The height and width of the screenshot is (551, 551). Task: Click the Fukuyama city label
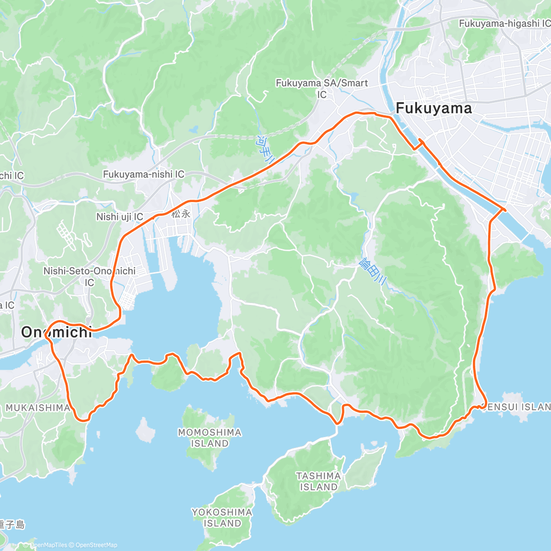pos(433,108)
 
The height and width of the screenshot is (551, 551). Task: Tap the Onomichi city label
pos(56,332)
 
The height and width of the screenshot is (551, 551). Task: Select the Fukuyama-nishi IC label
pos(143,174)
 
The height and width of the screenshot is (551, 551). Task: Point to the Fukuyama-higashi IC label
pos(504,23)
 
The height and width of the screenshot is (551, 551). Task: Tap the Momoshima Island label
pos(209,438)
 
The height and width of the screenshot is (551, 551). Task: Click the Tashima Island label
pos(318,481)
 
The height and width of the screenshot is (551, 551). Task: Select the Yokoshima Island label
pos(222,517)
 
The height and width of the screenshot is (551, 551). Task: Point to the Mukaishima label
pos(38,408)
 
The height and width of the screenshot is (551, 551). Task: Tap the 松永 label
pos(181,214)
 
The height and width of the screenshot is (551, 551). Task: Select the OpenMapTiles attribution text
pos(48,545)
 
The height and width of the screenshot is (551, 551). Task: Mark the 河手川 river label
pos(265,150)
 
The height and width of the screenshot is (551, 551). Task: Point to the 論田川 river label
pos(371,271)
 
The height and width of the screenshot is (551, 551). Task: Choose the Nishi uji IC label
pos(119,217)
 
